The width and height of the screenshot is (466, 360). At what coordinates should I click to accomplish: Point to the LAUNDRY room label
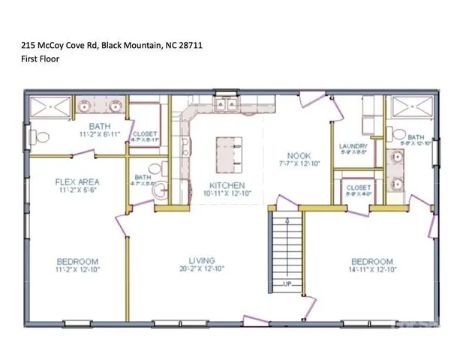pos(353,146)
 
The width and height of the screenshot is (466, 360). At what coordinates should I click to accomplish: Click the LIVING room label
pos(202,262)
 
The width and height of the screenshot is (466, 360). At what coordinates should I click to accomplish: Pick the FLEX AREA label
pos(78,181)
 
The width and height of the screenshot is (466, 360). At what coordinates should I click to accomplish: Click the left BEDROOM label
pos(77,262)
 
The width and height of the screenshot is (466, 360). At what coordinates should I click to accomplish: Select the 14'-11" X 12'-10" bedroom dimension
pos(373,269)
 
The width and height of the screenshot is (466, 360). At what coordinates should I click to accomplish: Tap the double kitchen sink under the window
pos(226,104)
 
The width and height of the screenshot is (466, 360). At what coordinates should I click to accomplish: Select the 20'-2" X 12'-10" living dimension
pos(202,269)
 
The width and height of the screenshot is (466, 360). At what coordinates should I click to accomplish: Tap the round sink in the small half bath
pos(156,193)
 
